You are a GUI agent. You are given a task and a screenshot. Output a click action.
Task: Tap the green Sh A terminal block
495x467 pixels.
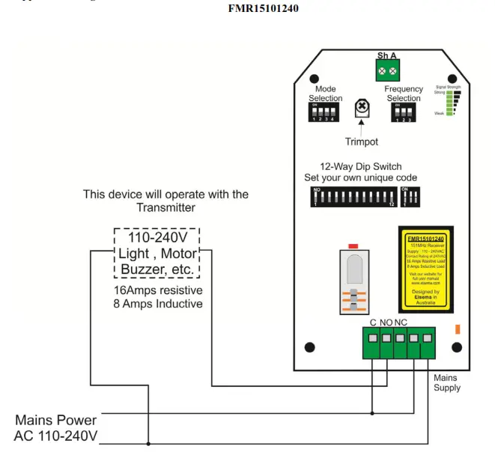[388, 70]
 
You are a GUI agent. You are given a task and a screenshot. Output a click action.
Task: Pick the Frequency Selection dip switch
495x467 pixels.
[403, 112]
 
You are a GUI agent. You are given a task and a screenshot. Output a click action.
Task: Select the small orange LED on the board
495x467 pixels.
[457, 328]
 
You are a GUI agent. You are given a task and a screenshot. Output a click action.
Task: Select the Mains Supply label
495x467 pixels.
[447, 382]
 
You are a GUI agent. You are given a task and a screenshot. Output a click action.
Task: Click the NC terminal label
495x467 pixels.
[401, 322]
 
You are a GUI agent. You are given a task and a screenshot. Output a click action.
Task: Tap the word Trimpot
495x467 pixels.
[362, 141]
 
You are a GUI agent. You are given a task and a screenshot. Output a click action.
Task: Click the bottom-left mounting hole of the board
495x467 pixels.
[309, 347]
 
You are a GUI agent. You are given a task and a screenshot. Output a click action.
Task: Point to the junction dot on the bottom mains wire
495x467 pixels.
[148, 444]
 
